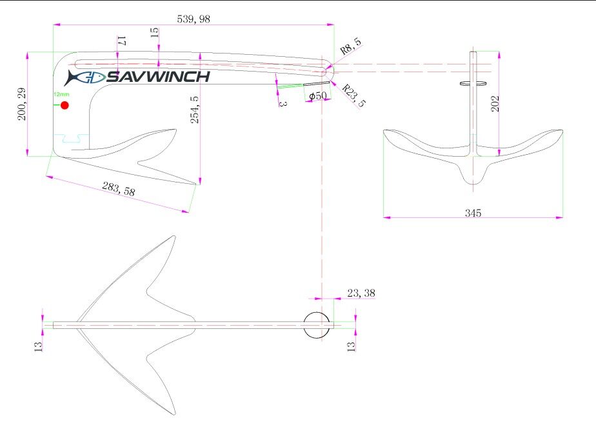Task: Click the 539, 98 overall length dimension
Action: pyautogui.click(x=194, y=19)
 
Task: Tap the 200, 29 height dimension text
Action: pyautogui.click(x=22, y=104)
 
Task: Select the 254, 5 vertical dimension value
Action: pyautogui.click(x=194, y=110)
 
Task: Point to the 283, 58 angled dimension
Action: pyautogui.click(x=119, y=189)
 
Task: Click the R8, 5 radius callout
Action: pyautogui.click(x=350, y=46)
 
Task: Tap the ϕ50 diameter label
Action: pyautogui.click(x=318, y=96)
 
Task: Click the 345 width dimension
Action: pyautogui.click(x=473, y=213)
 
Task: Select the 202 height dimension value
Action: pyautogui.click(x=495, y=103)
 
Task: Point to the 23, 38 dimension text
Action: pyautogui.click(x=361, y=293)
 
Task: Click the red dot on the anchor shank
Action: pyautogui.click(x=65, y=105)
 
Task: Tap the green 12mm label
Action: pyautogui.click(x=61, y=94)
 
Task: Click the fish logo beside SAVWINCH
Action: pyautogui.click(x=84, y=77)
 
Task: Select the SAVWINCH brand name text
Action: pyautogui.click(x=158, y=77)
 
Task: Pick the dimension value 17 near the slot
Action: pyautogui.click(x=121, y=40)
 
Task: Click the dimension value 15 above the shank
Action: pyautogui.click(x=155, y=32)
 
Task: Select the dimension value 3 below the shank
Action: pyautogui.click(x=283, y=103)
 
